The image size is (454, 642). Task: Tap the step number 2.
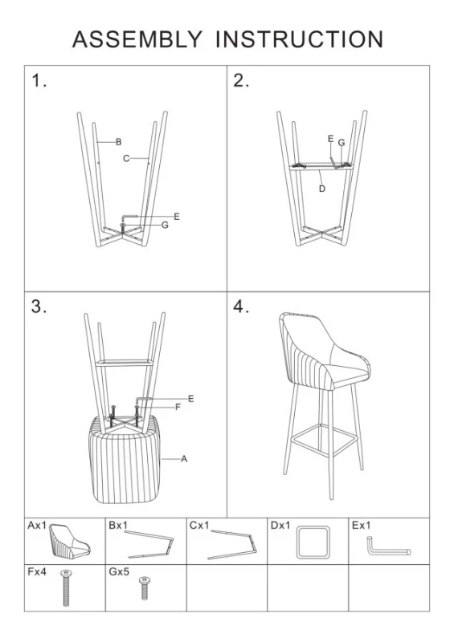(x=241, y=80)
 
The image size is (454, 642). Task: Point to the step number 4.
(x=241, y=307)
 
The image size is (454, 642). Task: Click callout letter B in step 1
(x=118, y=142)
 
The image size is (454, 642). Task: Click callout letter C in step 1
(x=126, y=159)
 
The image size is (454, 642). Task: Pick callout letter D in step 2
(x=321, y=189)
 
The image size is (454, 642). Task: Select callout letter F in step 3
(x=178, y=407)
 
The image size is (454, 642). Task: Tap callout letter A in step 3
(x=184, y=458)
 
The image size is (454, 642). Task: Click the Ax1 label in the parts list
(x=37, y=526)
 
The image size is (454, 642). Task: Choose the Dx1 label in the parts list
(x=280, y=526)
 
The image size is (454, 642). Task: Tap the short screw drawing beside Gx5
(x=145, y=587)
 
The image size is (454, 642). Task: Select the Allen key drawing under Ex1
(x=388, y=548)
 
